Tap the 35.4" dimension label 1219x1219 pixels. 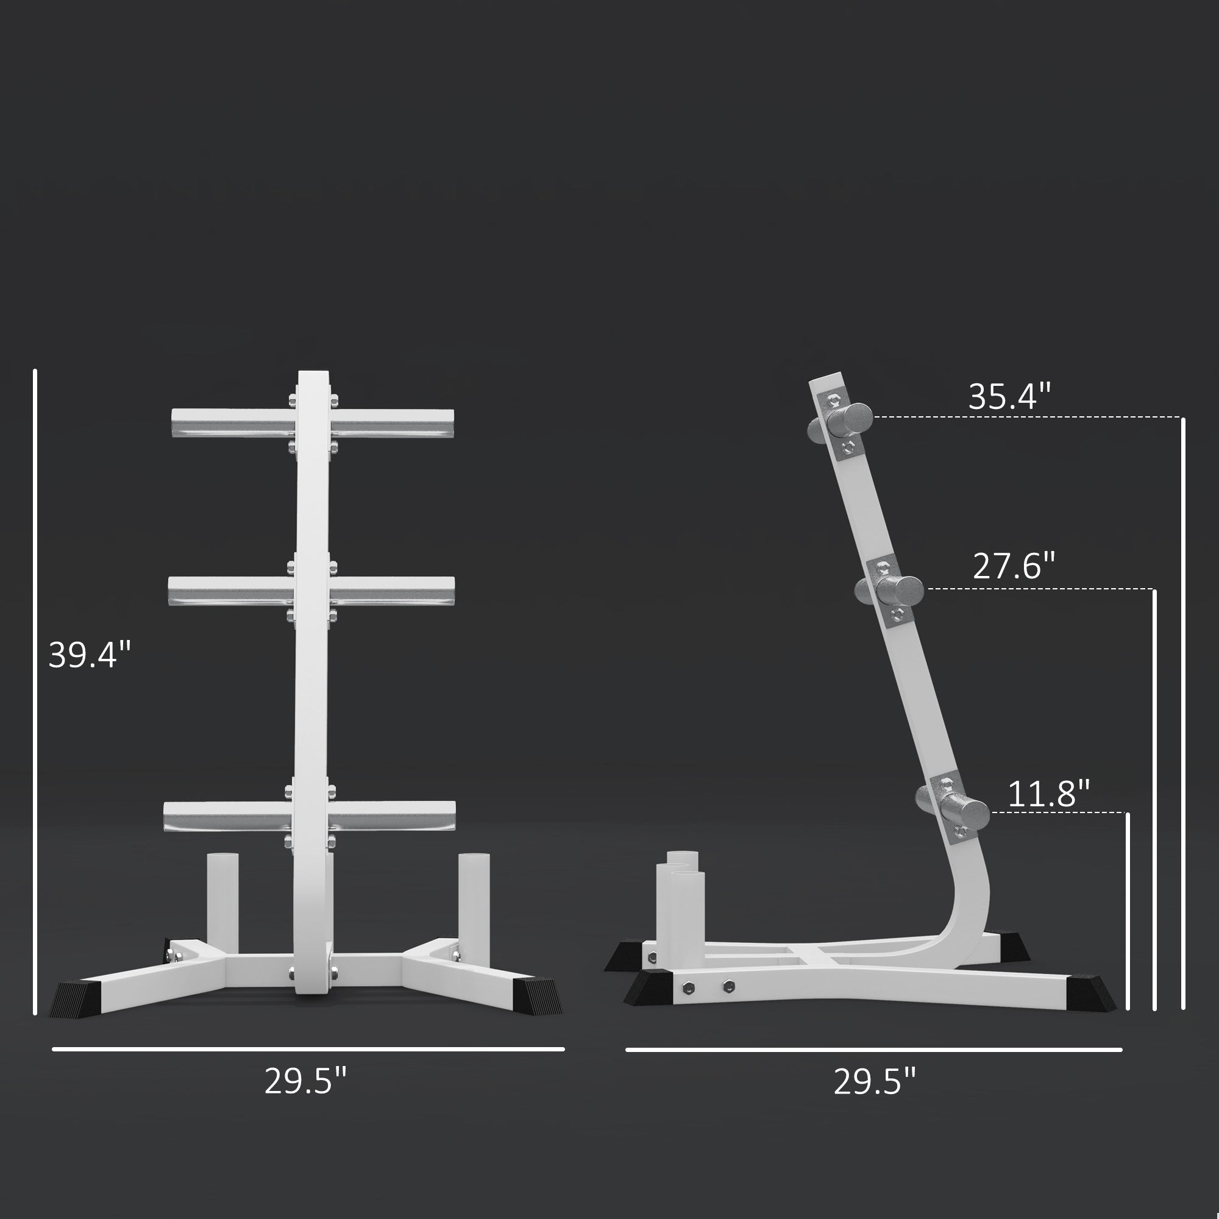click(1009, 396)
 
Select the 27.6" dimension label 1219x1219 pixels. click(1014, 566)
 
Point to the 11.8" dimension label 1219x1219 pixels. click(1048, 794)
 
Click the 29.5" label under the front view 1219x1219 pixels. click(306, 1081)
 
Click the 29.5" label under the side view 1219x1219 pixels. click(875, 1081)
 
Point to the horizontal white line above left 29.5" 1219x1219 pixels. click(308, 1050)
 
